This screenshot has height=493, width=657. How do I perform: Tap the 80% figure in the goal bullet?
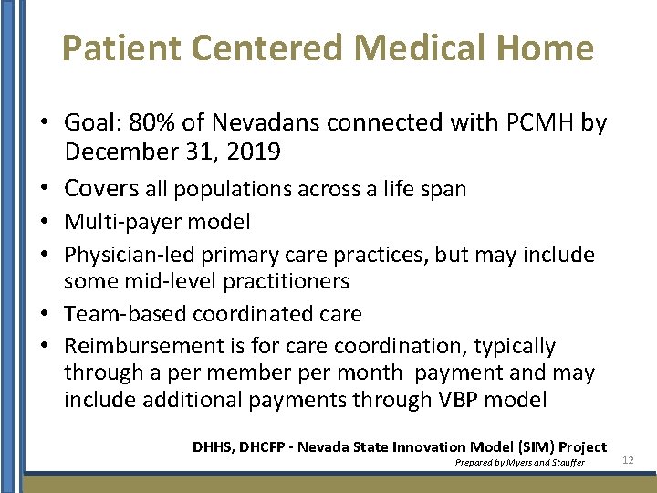(x=150, y=122)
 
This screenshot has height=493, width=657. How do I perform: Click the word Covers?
(x=100, y=189)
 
